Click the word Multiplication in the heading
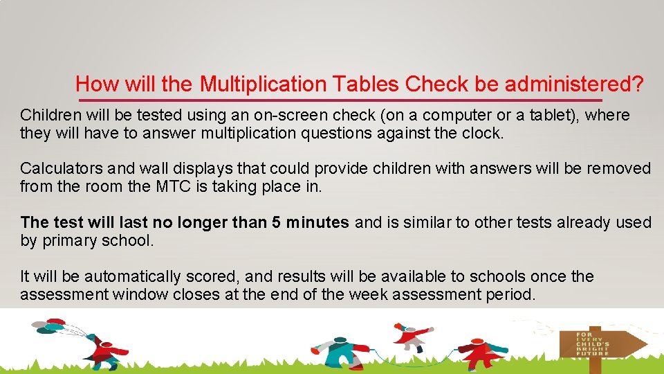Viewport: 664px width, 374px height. [x=263, y=84]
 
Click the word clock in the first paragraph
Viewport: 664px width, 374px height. [x=482, y=132]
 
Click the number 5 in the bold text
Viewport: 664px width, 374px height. [x=276, y=222]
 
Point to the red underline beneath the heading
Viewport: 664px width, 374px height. [x=360, y=101]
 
